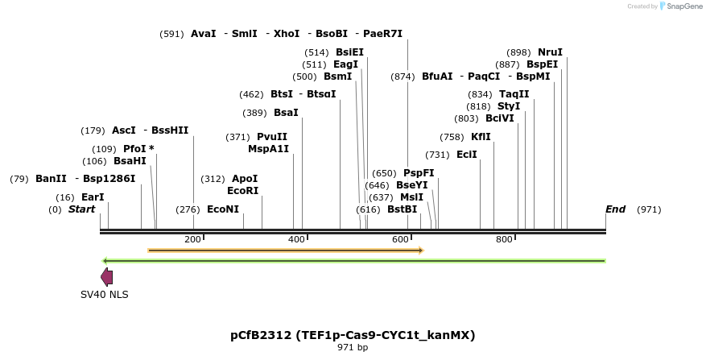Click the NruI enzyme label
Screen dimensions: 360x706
tap(551, 52)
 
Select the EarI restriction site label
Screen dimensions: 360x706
tap(93, 197)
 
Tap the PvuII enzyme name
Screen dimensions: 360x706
tap(272, 137)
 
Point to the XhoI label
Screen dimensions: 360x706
tap(287, 34)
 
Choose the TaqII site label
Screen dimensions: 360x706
tap(514, 94)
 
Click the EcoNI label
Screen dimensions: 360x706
tap(223, 209)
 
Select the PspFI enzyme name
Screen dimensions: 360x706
tap(419, 173)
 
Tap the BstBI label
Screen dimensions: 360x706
tap(403, 209)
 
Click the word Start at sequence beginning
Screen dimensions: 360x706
tap(81, 209)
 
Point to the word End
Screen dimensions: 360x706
tap(615, 209)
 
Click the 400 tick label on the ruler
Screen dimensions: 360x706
tap(296, 240)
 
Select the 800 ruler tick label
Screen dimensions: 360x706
tap(504, 240)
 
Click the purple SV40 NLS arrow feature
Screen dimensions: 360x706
tap(106, 277)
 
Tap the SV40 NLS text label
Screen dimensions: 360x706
tap(105, 295)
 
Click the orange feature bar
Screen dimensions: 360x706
tap(286, 250)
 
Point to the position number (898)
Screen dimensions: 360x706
tap(518, 52)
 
